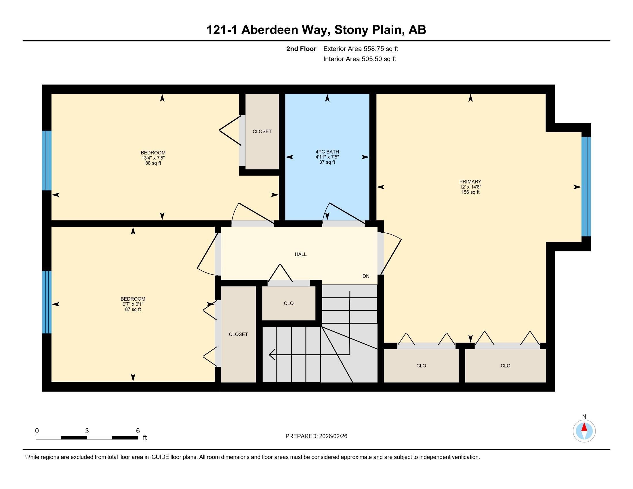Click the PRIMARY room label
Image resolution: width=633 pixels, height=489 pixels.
tap(470, 182)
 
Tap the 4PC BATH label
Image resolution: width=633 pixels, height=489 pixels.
tap(327, 152)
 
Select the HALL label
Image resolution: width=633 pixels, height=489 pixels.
tap(301, 254)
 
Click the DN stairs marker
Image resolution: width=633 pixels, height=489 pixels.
tap(366, 276)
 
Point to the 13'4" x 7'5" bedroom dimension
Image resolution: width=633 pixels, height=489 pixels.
tap(153, 158)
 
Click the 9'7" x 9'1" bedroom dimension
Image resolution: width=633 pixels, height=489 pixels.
tap(133, 304)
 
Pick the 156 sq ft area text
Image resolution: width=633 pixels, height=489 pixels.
tap(470, 192)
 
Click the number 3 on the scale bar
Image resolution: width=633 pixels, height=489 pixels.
tap(87, 431)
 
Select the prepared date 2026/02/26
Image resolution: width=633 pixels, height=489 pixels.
tap(332, 436)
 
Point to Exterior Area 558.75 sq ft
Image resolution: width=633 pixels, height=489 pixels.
tap(361, 49)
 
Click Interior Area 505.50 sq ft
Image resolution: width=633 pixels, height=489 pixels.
tap(359, 59)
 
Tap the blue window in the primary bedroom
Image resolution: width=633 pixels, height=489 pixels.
tap(586, 187)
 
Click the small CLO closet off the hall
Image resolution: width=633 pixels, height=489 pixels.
tap(289, 303)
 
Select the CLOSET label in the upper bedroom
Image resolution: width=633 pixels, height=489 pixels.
tap(262, 131)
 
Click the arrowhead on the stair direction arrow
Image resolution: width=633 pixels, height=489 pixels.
tap(272, 354)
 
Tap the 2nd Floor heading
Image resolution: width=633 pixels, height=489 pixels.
tap(301, 49)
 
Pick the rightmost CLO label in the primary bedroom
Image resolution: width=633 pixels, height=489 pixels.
tap(505, 366)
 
